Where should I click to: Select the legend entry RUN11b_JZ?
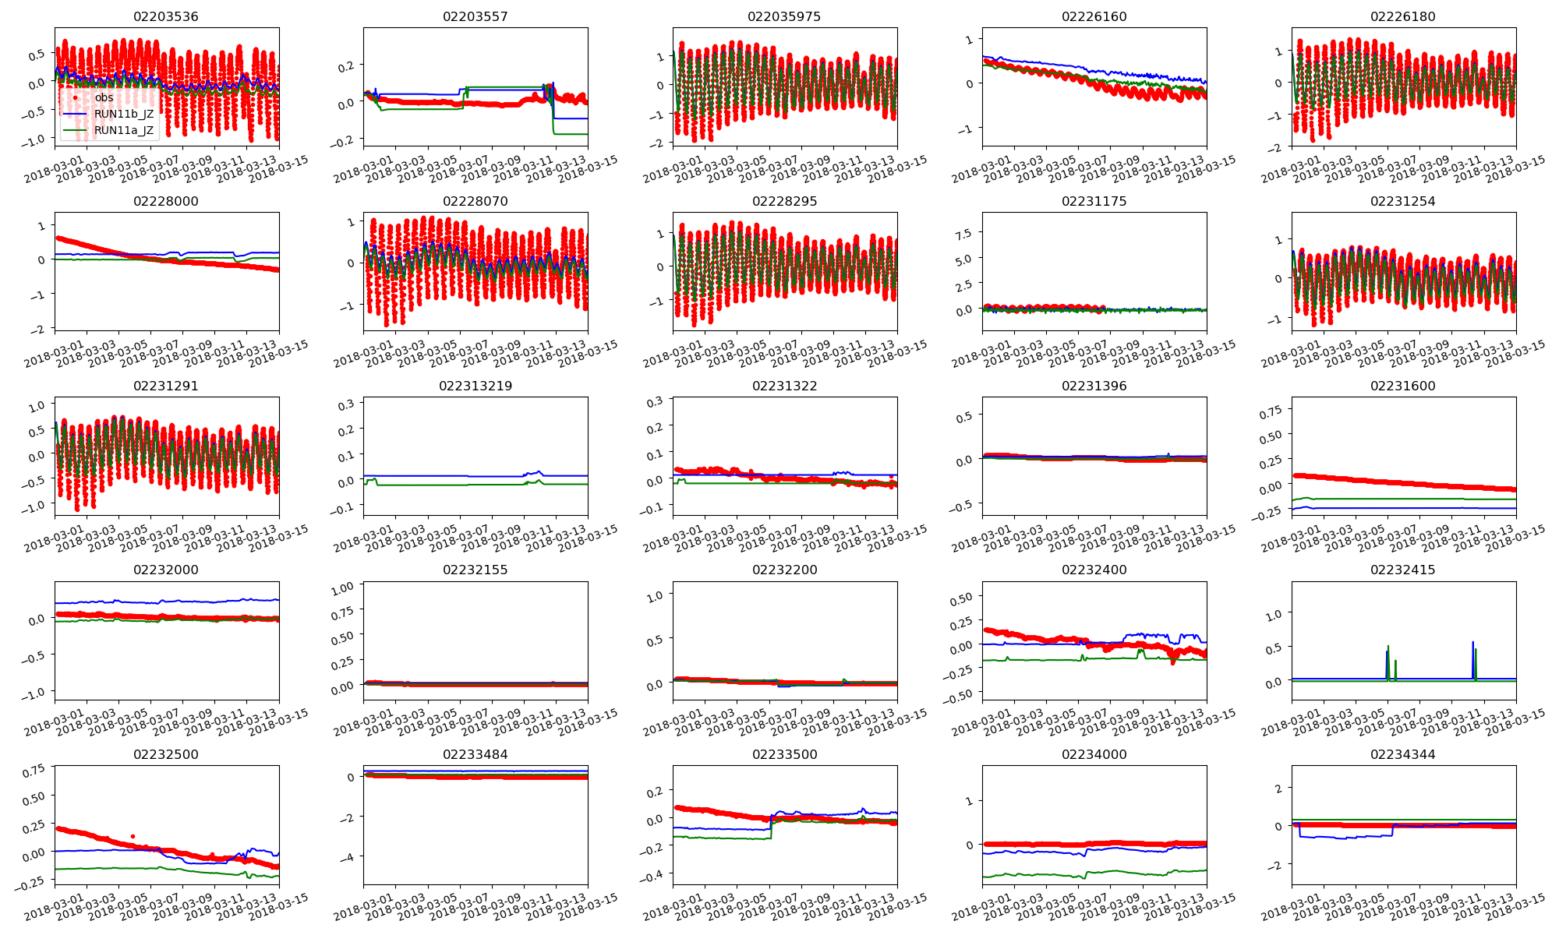pos(124,114)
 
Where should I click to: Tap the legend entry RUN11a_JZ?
pos(124,130)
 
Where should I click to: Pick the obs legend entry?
pos(104,97)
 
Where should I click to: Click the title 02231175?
pos(1094,201)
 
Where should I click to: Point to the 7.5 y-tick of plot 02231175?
pos(963,235)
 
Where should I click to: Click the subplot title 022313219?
pos(475,386)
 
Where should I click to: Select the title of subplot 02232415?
pos(1402,570)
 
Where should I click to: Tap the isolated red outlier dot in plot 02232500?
pos(133,836)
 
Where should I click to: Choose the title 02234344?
pos(1402,754)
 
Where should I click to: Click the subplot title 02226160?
pos(1094,16)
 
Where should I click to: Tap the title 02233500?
pos(784,754)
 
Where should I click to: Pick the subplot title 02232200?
pos(784,570)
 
